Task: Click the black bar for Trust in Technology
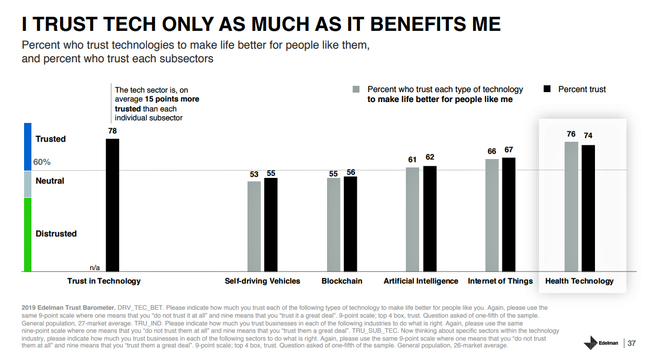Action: [x=113, y=205]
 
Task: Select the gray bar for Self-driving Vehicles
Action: [x=254, y=226]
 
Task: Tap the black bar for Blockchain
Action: [x=351, y=224]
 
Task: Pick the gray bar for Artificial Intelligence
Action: [x=412, y=219]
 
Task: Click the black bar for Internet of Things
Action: [x=509, y=215]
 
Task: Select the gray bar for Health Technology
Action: [x=571, y=206]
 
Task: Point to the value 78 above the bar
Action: [x=113, y=131]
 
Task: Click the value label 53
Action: [x=254, y=174]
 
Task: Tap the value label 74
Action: [x=588, y=136]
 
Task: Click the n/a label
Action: [x=95, y=267]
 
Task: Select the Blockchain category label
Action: [x=342, y=281]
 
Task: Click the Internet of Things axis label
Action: [x=500, y=281]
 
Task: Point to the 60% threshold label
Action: [x=42, y=162]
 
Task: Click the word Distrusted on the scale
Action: [x=56, y=233]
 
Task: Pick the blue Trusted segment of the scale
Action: [x=28, y=147]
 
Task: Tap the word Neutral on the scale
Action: [x=50, y=181]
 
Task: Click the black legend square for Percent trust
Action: [x=547, y=89]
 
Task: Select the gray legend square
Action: [x=356, y=89]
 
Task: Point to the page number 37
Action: [x=632, y=343]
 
